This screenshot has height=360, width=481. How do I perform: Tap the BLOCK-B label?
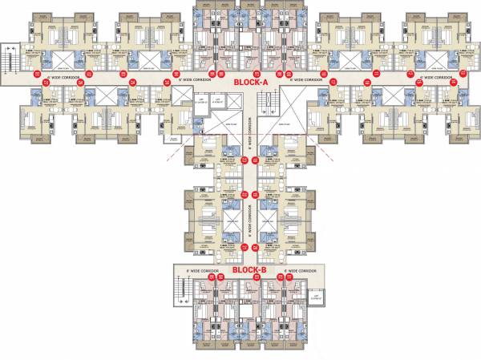pyautogui.click(x=249, y=270)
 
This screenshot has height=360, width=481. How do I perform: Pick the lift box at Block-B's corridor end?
pyautogui.click(x=318, y=298)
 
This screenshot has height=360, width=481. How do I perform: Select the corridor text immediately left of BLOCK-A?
pyautogui.click(x=192, y=79)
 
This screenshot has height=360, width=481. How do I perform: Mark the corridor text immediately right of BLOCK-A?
pyautogui.click(x=305, y=79)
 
